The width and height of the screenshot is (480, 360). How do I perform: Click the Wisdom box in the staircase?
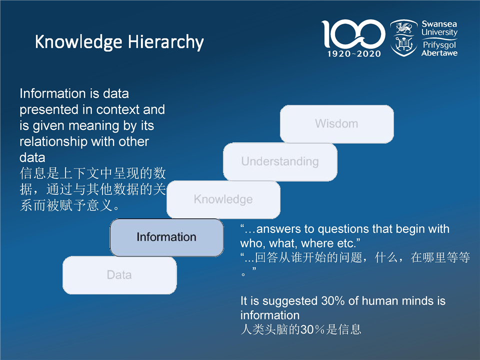click(x=336, y=124)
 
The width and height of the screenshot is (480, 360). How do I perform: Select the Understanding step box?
click(x=280, y=161)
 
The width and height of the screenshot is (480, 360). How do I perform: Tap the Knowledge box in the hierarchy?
click(x=223, y=199)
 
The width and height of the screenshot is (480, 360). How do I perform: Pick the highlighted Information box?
click(x=166, y=237)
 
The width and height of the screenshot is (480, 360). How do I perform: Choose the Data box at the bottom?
click(x=119, y=275)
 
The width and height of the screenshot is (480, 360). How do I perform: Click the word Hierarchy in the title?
click(x=165, y=42)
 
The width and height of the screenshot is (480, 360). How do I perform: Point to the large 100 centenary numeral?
click(x=353, y=33)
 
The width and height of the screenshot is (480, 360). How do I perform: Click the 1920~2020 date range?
click(x=354, y=54)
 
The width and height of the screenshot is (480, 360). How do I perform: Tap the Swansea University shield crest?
click(x=403, y=38)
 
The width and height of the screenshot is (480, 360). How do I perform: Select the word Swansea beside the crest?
click(x=439, y=24)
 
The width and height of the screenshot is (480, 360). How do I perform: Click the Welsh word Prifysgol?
click(x=439, y=45)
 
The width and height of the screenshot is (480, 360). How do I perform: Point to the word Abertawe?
click(x=439, y=53)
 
